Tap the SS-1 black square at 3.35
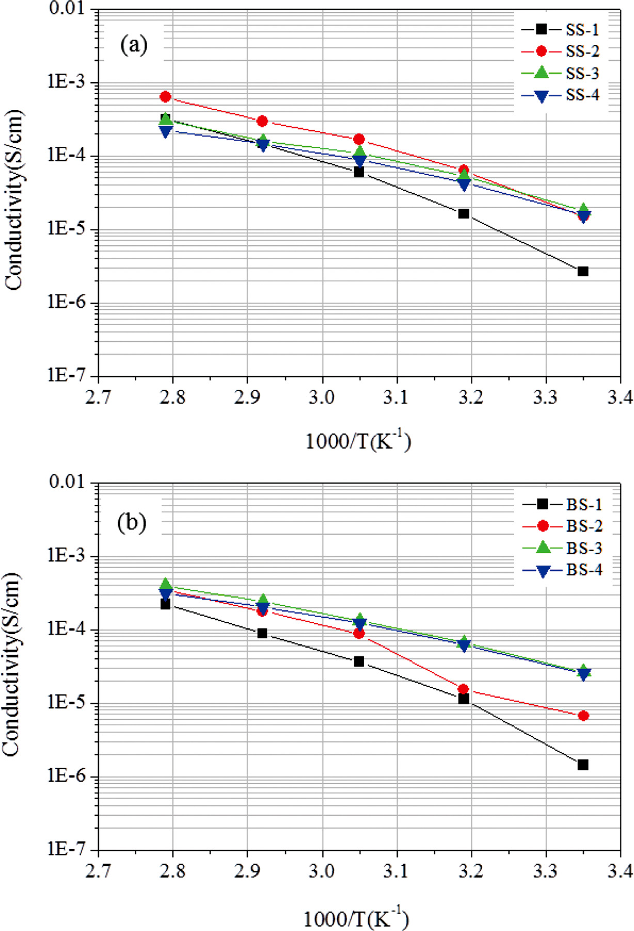(x=583, y=271)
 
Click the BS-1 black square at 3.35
(x=583, y=765)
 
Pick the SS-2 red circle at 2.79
(x=165, y=97)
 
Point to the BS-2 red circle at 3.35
(x=583, y=716)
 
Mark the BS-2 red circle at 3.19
(x=463, y=689)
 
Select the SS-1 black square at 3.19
(x=464, y=213)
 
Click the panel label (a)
(x=134, y=45)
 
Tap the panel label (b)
(x=132, y=523)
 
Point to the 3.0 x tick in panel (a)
(x=322, y=397)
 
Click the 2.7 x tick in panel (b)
(x=98, y=872)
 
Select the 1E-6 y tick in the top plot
(x=69, y=302)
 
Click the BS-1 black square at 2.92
(x=262, y=633)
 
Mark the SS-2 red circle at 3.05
(x=359, y=139)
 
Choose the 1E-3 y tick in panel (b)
(x=69, y=555)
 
